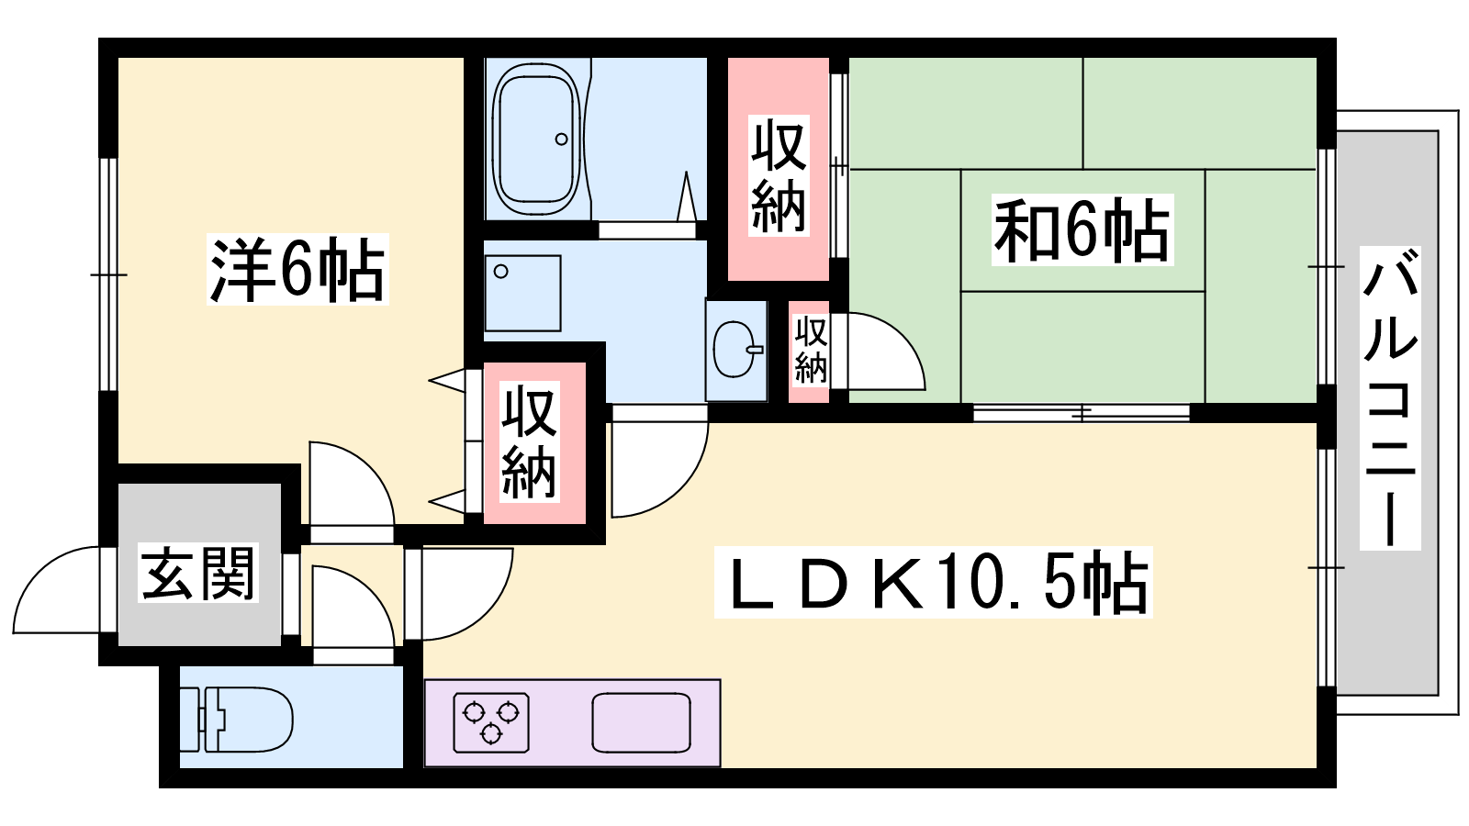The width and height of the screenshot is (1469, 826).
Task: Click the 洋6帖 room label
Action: [297, 270]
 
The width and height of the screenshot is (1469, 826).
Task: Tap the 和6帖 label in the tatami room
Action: [1082, 229]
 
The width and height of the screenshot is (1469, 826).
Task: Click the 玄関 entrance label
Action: [198, 573]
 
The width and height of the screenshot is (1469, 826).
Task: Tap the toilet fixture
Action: [248, 719]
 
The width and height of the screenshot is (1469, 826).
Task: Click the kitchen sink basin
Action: [641, 722]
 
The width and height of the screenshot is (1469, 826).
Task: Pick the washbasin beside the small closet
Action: [735, 350]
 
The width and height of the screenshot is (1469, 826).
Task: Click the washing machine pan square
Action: [521, 293]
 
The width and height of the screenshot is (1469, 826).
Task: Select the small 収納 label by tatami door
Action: [810, 350]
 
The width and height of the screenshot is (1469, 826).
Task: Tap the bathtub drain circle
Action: [561, 140]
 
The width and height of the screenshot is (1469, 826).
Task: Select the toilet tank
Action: [210, 719]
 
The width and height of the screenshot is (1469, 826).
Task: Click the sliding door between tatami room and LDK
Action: [1081, 412]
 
